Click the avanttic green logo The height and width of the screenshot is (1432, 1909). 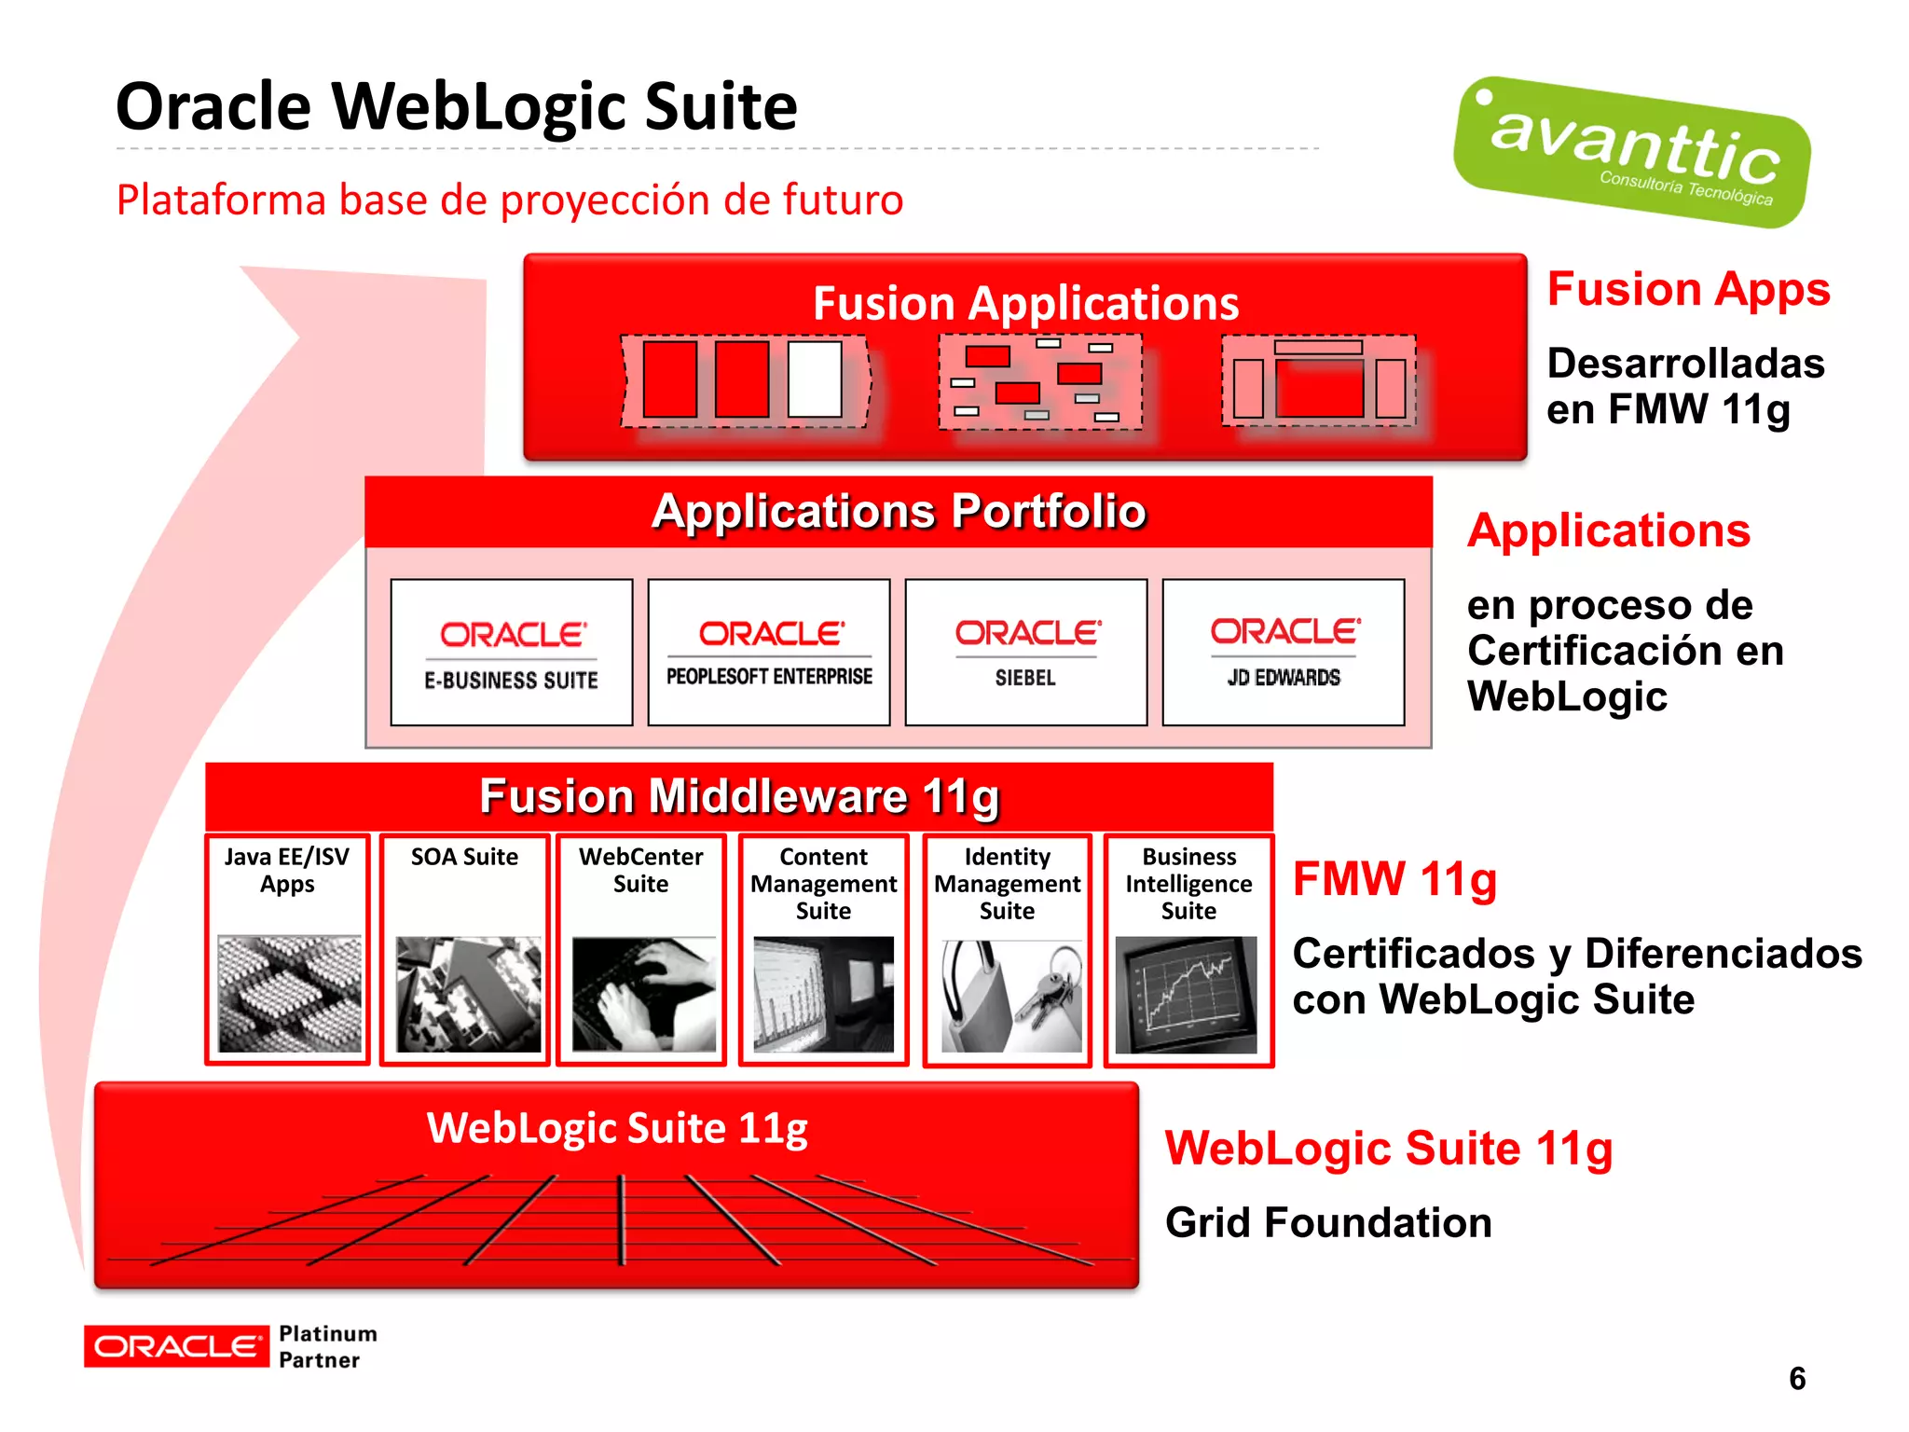1631,152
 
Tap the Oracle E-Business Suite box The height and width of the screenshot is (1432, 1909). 512,653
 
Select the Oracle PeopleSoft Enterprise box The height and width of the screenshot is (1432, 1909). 769,653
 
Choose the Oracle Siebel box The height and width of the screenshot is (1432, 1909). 1025,653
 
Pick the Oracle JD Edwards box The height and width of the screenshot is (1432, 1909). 1284,653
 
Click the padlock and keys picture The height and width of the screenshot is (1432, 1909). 1009,996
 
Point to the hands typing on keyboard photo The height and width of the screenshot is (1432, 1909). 643,995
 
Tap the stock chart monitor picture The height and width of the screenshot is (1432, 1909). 1186,995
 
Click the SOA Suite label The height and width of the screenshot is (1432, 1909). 464,857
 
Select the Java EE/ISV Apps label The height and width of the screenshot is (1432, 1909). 287,870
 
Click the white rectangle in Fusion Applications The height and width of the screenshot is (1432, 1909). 815,379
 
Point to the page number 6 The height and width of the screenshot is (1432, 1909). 1797,1378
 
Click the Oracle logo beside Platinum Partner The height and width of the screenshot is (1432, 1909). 175,1346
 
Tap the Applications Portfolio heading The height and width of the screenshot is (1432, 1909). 899,511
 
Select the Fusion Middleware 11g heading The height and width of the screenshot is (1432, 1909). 739,796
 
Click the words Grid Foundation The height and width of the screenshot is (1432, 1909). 1328,1222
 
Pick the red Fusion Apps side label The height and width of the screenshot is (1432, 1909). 1688,288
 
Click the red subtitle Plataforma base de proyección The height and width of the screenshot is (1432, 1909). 510,200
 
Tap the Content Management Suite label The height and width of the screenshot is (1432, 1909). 824,883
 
